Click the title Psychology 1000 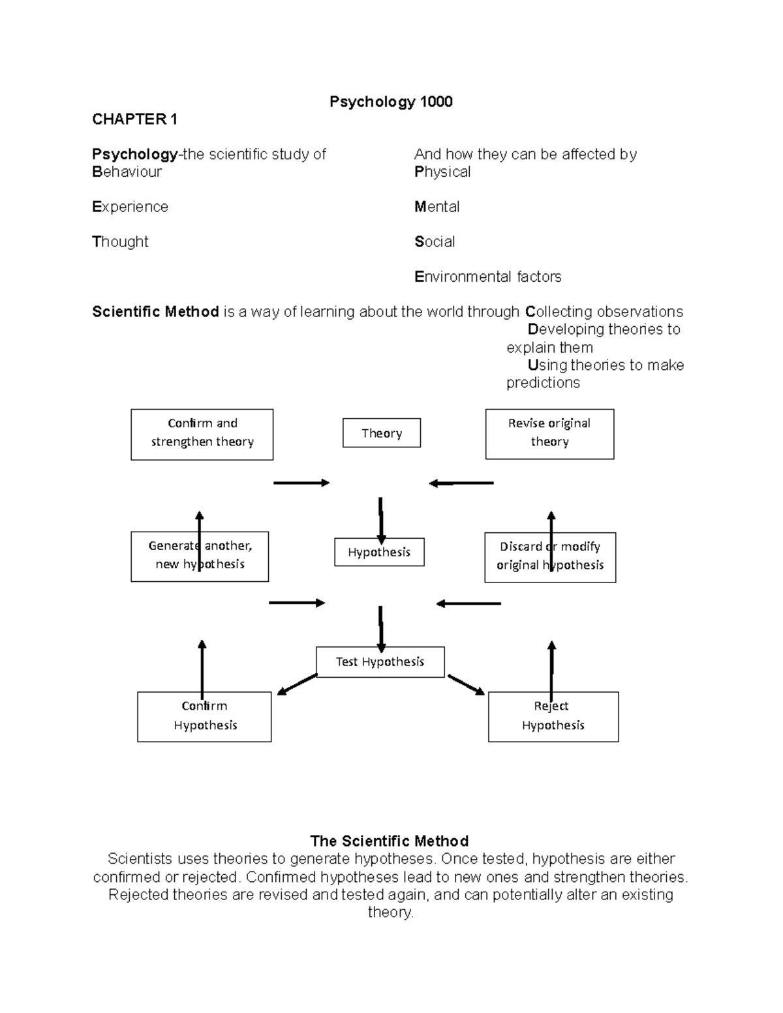(x=391, y=102)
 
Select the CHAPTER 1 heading (x=134, y=119)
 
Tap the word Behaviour (x=127, y=172)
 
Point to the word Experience (x=130, y=207)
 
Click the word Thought (x=121, y=242)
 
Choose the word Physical (x=442, y=172)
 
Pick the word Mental (x=437, y=207)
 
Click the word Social (x=435, y=242)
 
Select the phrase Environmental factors (x=488, y=277)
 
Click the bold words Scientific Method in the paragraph (x=155, y=312)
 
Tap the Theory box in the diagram (x=382, y=433)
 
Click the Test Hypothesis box (x=380, y=662)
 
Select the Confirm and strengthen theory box (x=202, y=434)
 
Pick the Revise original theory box (x=549, y=434)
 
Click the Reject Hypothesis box (x=553, y=716)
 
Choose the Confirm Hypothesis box (x=204, y=716)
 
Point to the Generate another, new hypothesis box (x=200, y=556)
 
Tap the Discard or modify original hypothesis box (x=550, y=557)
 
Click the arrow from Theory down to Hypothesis (x=380, y=517)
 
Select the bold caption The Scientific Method (x=390, y=841)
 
